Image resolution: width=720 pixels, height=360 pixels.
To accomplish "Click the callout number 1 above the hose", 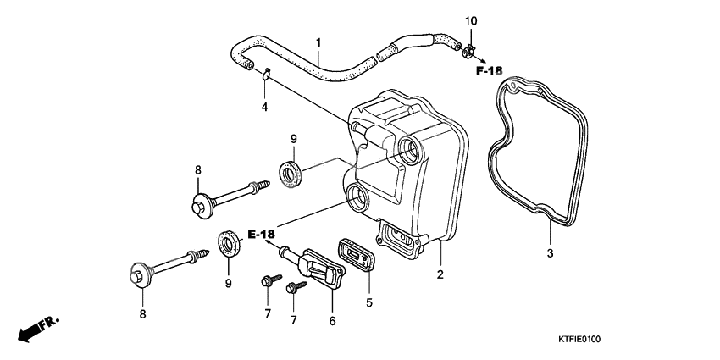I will tap(318, 42).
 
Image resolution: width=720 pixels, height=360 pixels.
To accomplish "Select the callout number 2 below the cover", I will tap(440, 274).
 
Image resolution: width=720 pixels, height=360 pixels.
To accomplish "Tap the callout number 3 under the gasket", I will tap(549, 253).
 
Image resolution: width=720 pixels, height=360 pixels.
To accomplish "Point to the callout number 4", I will tap(264, 107).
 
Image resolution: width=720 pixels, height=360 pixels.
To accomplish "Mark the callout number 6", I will tap(333, 321).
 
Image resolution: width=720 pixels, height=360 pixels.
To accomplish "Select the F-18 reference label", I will tap(489, 70).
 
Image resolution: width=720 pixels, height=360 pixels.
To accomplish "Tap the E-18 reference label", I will tap(262, 234).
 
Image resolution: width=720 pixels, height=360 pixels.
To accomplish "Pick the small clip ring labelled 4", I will tap(265, 75).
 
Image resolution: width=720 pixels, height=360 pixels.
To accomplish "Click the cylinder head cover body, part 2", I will tap(407, 169).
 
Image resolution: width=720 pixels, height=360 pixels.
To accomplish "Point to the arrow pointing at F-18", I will tap(479, 60).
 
